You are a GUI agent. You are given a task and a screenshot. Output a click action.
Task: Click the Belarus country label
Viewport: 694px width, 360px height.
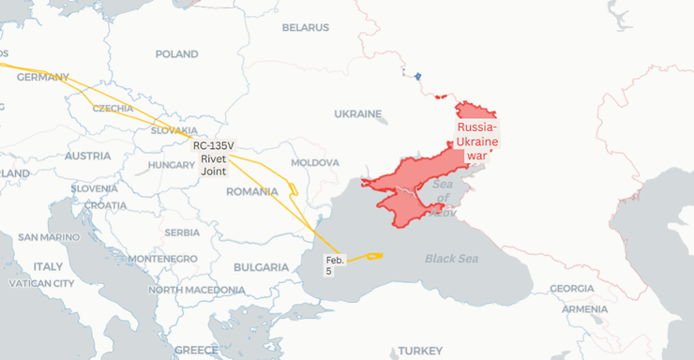306,28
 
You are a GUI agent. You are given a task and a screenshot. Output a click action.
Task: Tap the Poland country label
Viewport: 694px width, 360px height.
176,54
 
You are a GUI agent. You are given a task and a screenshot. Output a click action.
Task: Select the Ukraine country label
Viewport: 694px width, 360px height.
358,114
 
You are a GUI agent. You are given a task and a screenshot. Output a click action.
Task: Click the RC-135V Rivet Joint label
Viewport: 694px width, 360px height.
213,158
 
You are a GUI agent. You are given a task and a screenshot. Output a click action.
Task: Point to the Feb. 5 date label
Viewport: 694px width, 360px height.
335,265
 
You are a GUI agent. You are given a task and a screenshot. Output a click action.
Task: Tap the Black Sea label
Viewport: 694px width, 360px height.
451,258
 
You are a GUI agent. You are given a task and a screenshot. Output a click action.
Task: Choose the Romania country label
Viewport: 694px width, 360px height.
252,191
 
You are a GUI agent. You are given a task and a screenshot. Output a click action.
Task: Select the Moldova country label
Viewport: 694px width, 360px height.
315,162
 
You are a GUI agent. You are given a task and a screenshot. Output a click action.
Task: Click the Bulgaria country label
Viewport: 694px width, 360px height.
261,267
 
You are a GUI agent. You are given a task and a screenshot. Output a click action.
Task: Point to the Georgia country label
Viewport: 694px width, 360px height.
571,289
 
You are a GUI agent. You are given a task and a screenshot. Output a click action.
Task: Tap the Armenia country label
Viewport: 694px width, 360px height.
585,308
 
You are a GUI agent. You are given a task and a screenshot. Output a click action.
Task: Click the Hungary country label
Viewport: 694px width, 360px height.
171,165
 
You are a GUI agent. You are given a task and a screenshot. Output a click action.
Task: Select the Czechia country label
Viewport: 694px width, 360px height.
113,109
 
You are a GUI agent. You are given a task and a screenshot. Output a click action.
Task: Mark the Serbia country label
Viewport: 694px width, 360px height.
181,232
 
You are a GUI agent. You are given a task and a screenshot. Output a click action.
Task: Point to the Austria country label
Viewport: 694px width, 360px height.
88,156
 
